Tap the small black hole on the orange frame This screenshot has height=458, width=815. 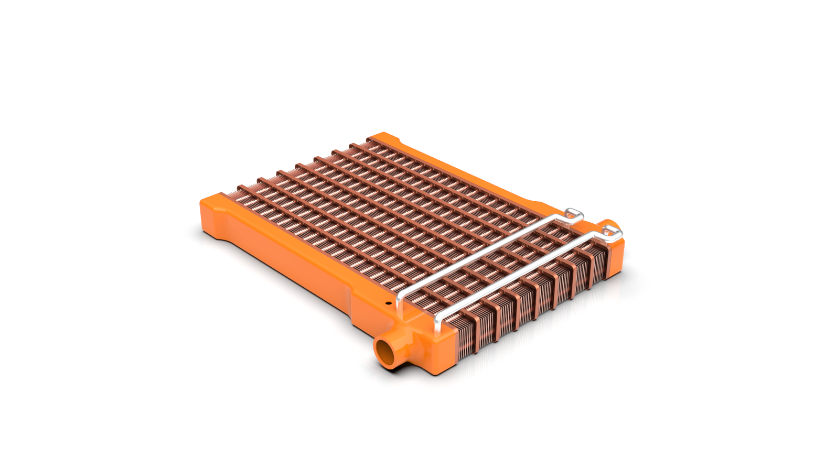[x=388, y=303]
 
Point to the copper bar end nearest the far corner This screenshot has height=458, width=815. [x=370, y=140]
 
